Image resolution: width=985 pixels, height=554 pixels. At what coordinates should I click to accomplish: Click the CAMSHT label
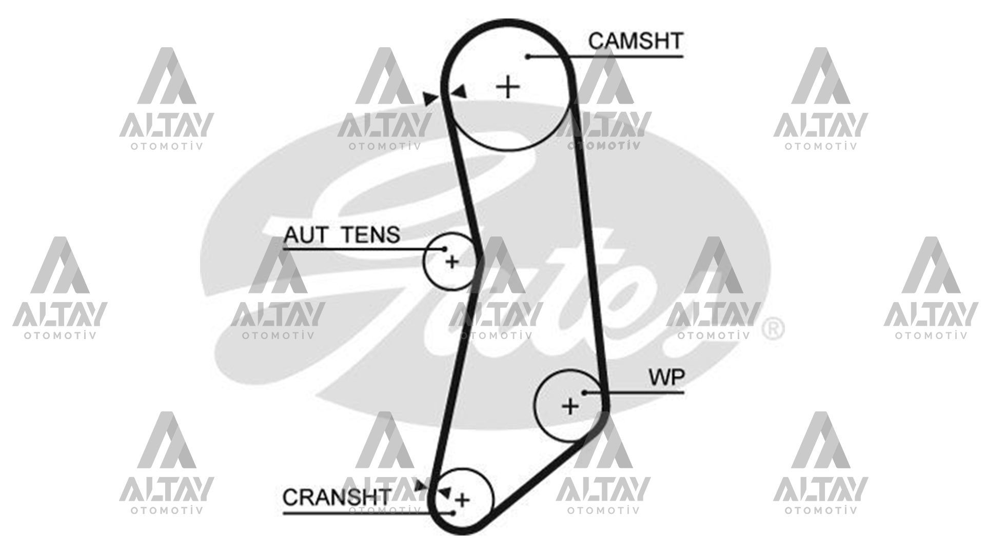pos(636,41)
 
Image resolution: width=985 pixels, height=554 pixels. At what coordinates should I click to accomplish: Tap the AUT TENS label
pos(342,235)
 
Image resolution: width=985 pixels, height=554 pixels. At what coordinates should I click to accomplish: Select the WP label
pos(666,378)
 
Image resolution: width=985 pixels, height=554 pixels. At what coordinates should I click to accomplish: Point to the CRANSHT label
pos(337,497)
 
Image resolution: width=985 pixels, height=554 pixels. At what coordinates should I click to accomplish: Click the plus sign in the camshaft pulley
pos(508,87)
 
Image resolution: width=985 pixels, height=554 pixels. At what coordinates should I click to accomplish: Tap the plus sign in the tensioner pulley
pos(452,262)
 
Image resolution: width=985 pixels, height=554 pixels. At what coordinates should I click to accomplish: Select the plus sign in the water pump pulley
pos(570,407)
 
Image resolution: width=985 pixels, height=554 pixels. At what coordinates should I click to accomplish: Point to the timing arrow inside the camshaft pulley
pos(460,92)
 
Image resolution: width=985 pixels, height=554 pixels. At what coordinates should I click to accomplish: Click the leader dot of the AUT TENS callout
pos(445,249)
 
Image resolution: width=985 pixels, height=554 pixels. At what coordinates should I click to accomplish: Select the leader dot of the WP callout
pos(584,392)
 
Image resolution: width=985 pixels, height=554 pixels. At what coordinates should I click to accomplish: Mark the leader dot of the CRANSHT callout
pos(454,512)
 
